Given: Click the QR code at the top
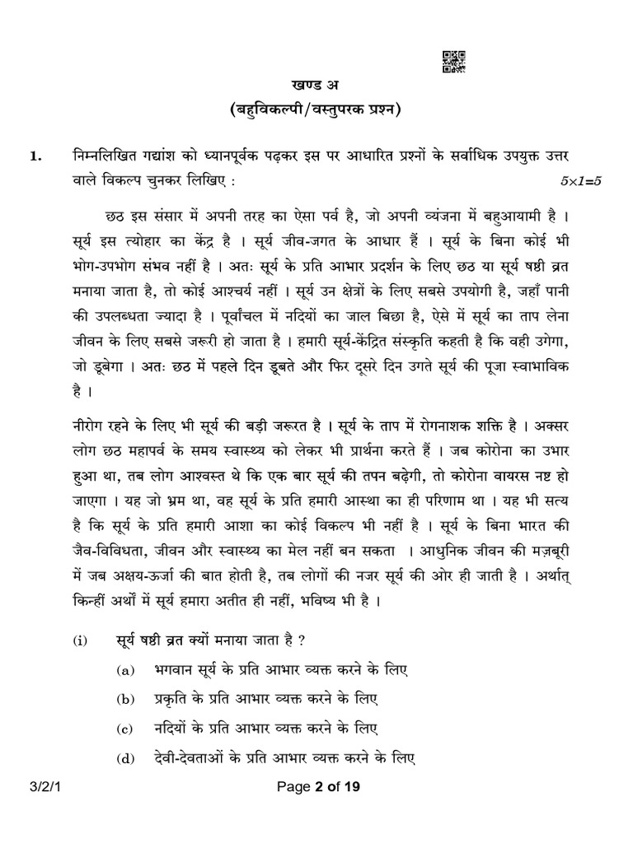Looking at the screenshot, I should pos(454,62).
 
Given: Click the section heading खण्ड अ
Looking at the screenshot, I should pos(317,86).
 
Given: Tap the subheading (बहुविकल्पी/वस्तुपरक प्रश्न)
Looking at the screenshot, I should pos(317,111).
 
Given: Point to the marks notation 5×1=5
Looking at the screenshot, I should pos(582,179).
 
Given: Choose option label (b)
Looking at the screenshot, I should pos(124,701).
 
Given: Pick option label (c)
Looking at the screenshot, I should pos(124,730).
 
